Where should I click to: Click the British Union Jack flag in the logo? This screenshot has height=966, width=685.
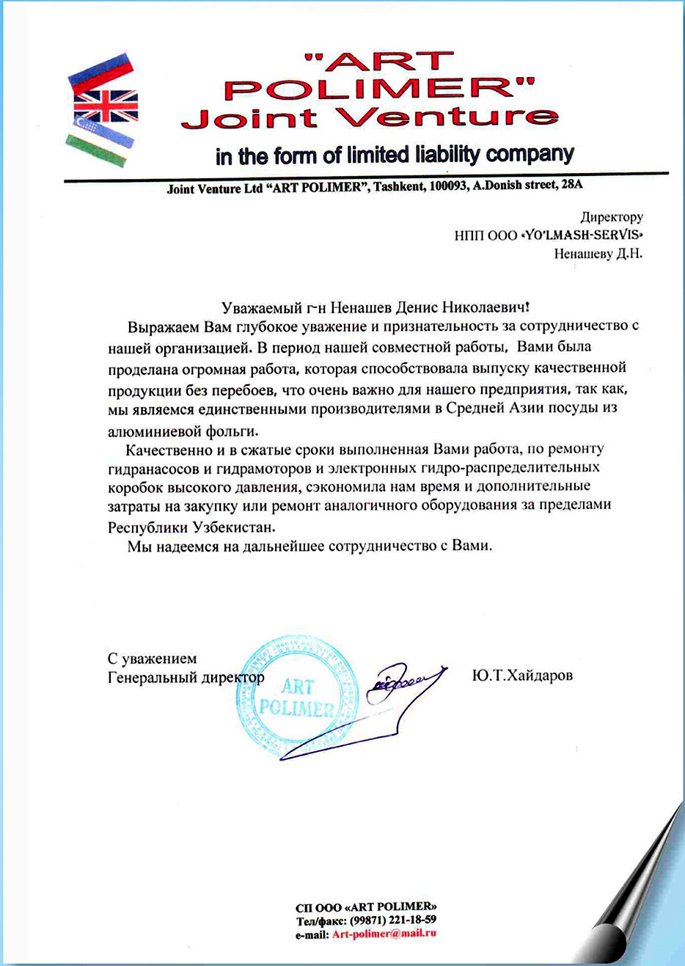tap(106, 106)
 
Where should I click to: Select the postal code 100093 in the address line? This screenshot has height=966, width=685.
tap(449, 186)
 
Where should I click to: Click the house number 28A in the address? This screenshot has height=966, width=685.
tap(571, 184)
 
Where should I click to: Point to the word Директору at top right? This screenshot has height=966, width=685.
tap(612, 216)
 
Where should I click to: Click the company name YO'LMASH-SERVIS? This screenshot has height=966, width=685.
tap(582, 235)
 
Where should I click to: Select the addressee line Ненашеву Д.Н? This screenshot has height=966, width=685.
tap(598, 254)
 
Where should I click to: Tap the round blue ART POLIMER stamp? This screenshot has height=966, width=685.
tap(297, 697)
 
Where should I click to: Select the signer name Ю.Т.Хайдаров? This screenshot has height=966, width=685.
tap(522, 675)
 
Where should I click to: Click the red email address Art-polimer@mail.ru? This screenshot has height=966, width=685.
tap(384, 934)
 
